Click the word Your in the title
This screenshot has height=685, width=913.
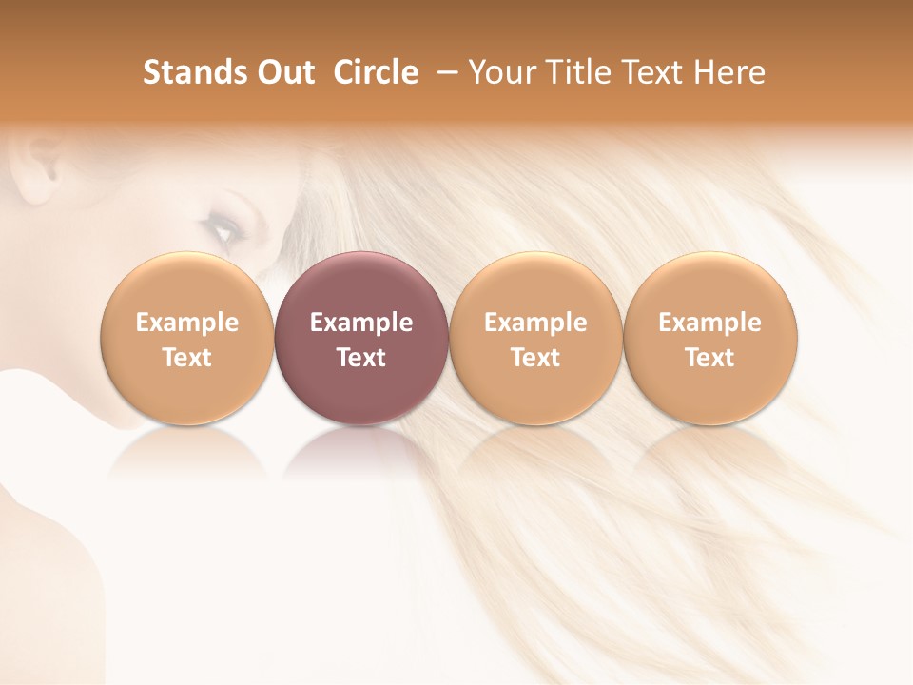click(498, 72)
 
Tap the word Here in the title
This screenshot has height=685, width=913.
click(729, 72)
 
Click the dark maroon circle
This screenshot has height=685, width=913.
click(361, 285)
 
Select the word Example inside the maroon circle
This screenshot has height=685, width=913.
click(361, 323)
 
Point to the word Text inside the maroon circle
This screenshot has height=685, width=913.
click(361, 358)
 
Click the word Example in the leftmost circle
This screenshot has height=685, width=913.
click(186, 323)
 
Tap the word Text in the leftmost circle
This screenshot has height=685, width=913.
click(186, 358)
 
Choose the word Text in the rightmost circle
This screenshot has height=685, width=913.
click(709, 358)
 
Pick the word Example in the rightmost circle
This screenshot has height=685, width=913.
click(709, 323)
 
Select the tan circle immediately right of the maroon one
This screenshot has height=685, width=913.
click(535, 285)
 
